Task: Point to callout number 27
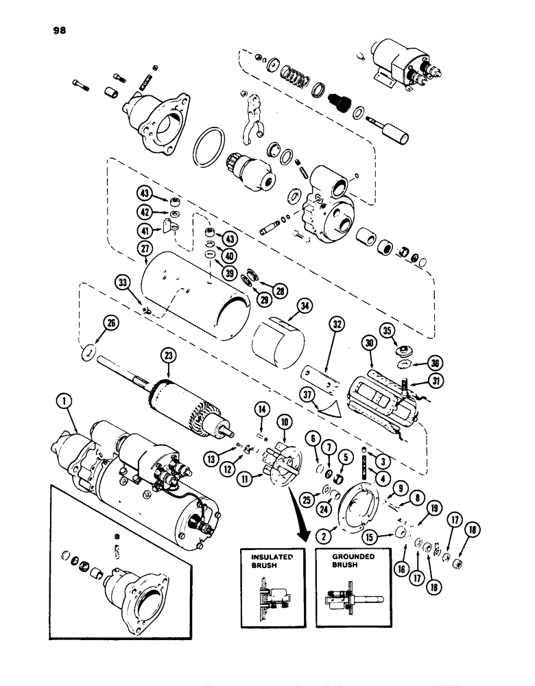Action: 145,251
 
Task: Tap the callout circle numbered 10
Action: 282,419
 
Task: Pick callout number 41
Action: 145,231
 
